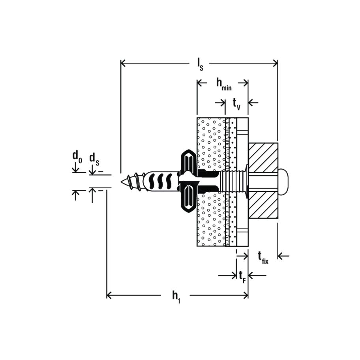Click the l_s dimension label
200,64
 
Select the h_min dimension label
224,84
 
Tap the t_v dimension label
236,105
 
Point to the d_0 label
77,157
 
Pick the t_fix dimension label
263,258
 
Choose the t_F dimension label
242,276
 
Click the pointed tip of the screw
122,182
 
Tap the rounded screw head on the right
283,182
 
